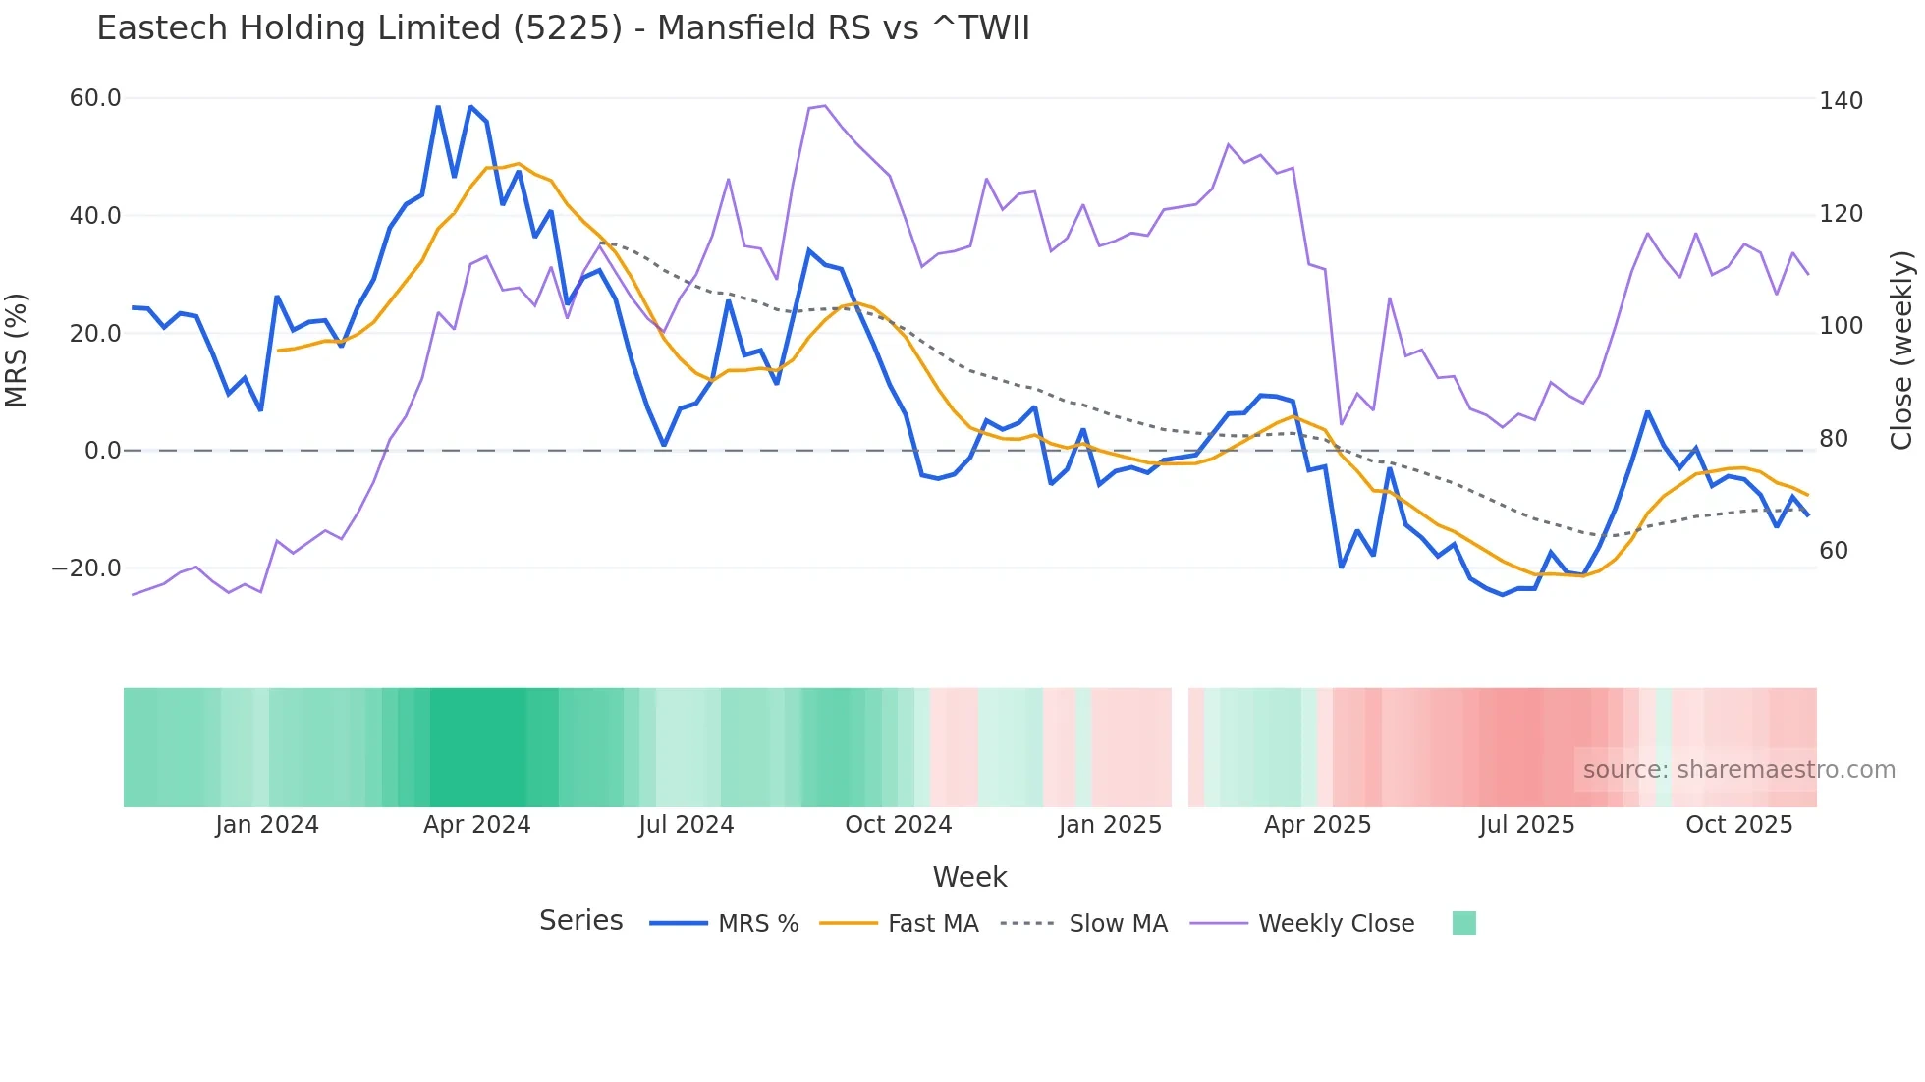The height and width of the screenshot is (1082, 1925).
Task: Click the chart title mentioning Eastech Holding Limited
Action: coord(563,28)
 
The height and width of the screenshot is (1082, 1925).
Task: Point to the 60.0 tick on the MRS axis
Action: coord(95,98)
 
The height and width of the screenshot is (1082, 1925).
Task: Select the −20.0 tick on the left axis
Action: coord(86,568)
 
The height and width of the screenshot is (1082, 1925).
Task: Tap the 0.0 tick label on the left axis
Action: coord(102,451)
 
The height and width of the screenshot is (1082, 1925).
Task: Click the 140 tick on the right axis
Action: coord(1840,101)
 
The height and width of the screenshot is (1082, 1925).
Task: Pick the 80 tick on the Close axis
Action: coord(1833,439)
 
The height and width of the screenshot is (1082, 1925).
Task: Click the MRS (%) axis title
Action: coord(17,350)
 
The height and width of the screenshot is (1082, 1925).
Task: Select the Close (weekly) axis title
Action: coord(1901,350)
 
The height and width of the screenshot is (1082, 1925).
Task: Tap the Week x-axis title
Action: coord(969,877)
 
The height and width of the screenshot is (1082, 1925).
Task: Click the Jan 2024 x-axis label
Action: coord(267,825)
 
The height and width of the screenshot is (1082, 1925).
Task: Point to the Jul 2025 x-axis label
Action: coord(1526,825)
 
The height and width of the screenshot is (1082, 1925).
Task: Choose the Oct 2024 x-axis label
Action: coord(898,825)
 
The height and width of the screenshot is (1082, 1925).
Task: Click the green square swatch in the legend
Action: coord(1463,923)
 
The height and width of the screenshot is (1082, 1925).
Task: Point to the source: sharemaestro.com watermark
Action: coord(1738,770)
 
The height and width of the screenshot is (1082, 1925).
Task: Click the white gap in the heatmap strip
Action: coord(1180,747)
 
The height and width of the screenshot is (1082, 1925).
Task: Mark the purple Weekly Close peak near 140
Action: coord(824,106)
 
